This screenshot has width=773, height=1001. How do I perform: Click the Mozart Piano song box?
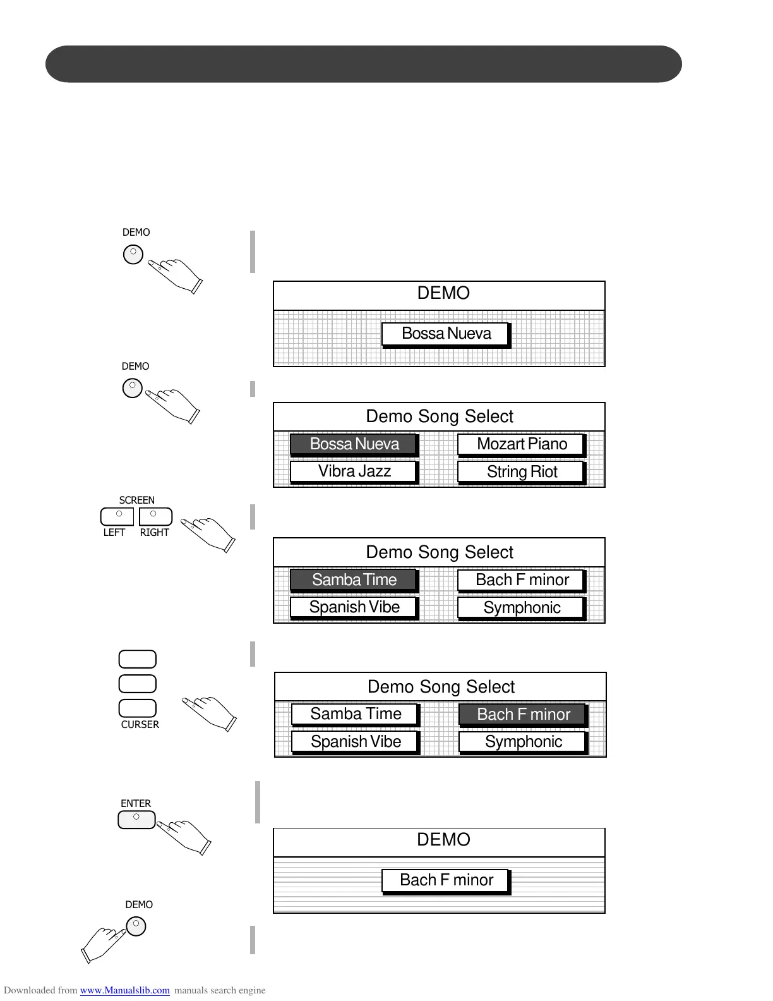[522, 444]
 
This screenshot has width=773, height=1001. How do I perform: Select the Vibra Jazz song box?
[354, 471]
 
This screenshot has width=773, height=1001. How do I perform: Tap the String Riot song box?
[522, 472]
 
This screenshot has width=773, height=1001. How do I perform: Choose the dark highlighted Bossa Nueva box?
[354, 444]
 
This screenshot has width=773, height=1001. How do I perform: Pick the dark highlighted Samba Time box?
[354, 580]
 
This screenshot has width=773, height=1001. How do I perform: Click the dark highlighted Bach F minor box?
[523, 715]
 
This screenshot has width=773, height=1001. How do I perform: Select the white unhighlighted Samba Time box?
[355, 714]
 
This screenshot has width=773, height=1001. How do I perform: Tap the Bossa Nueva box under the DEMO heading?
[446, 334]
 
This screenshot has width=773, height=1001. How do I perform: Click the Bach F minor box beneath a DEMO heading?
[446, 880]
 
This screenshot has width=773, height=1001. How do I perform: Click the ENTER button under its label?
[136, 820]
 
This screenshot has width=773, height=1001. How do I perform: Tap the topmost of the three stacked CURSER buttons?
[138, 659]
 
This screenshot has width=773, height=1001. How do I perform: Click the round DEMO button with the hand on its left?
[136, 926]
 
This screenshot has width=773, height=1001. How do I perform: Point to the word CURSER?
[140, 725]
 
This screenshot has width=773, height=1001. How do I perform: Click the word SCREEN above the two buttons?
[136, 500]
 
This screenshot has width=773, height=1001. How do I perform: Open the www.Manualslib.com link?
[124, 990]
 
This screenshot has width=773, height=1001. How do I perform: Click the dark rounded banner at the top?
[364, 64]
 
